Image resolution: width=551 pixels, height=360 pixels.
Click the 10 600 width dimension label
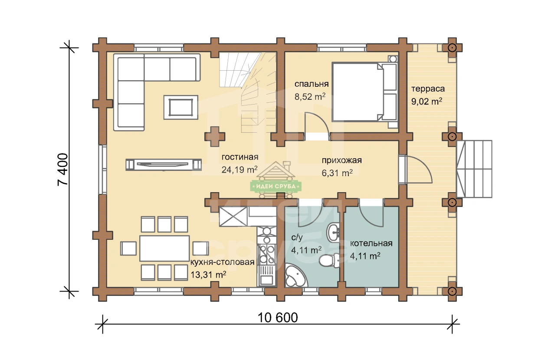278,317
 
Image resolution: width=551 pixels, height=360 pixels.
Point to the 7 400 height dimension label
62,170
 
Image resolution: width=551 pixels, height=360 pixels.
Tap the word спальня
312,84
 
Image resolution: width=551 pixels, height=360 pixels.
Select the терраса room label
428,88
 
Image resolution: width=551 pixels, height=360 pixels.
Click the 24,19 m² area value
239,170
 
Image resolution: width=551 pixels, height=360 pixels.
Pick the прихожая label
342,160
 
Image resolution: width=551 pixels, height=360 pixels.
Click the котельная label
371,243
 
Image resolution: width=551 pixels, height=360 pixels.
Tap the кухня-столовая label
223,262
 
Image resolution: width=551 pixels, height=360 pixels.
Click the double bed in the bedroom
365,92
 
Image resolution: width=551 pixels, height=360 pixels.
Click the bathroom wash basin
333,232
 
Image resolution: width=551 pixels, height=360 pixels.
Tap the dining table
164,249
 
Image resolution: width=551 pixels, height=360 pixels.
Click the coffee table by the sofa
181,107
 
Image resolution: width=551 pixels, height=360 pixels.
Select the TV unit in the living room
164,165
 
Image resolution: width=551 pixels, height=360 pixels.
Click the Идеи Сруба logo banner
276,186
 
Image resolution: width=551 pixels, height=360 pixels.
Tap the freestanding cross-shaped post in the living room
215,137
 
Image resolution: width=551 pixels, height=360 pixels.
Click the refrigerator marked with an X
233,216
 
